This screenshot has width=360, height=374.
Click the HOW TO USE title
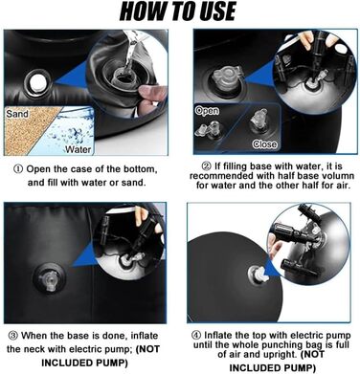pyautogui.click(x=177, y=11)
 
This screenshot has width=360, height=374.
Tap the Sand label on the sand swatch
pyautogui.click(x=17, y=114)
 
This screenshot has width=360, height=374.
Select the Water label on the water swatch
pyautogui.click(x=79, y=149)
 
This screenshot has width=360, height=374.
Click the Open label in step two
pyautogui.click(x=207, y=111)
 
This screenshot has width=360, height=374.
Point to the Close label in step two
pyautogui.click(x=264, y=144)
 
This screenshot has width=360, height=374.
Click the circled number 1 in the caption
pyautogui.click(x=18, y=169)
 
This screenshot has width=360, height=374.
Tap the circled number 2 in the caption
pyautogui.click(x=207, y=166)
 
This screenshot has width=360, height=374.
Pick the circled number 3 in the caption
pyautogui.click(x=13, y=336)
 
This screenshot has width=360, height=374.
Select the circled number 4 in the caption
pyautogui.click(x=196, y=336)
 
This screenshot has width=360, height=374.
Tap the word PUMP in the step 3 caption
pyautogui.click(x=113, y=363)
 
